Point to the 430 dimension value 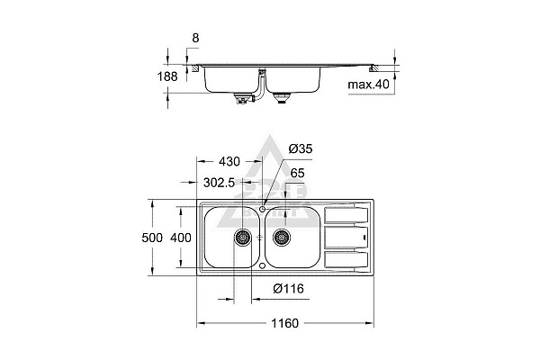tap(229, 161)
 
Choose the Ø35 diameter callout tap(301, 148)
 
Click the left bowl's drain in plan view tap(243, 238)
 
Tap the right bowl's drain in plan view tap(282, 238)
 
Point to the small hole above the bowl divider tap(262, 209)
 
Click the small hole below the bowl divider tap(262, 265)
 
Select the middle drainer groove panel tap(344, 238)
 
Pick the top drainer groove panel tap(344, 216)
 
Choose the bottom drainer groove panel tap(344, 260)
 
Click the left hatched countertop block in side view tap(193, 67)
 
